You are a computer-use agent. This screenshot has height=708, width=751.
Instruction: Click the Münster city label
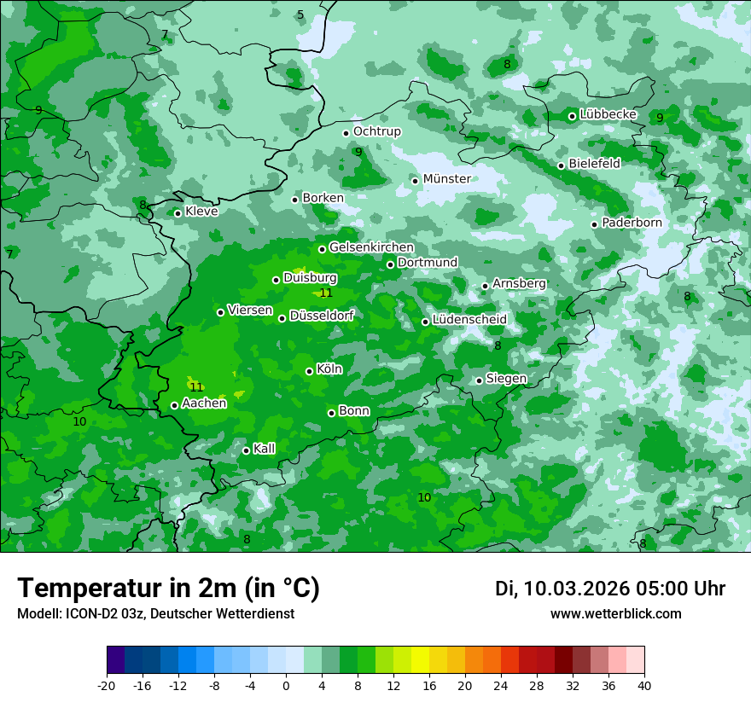pos(446,179)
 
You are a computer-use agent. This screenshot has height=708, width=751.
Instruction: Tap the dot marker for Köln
pos(309,371)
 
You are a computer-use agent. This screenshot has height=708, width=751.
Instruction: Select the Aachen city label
pos(204,403)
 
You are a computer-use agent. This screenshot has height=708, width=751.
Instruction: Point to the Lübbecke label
pos(608,114)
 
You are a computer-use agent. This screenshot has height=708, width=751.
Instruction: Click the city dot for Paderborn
pos(594,224)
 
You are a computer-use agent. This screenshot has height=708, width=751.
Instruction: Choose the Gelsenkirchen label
pos(371,247)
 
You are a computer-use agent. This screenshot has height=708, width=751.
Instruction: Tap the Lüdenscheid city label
pos(469,320)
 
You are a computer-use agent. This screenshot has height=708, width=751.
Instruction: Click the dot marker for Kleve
pos(178,213)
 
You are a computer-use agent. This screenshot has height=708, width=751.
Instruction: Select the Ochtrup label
pos(376,131)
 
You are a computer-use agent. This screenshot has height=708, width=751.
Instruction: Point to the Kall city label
pos(264,449)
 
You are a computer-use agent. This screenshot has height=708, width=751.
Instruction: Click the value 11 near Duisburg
pos(325,293)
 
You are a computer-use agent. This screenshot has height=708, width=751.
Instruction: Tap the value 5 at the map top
pos(300,15)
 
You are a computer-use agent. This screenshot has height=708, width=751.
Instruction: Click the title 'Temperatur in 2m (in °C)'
pos(168,589)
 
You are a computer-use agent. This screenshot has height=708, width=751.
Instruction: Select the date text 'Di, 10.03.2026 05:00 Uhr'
pos(610,589)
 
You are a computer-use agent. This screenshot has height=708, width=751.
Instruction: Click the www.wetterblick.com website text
pos(615,613)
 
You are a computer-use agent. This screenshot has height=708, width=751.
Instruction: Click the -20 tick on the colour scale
pos(107,685)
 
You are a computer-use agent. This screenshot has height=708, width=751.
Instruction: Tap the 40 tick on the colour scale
pos(643,685)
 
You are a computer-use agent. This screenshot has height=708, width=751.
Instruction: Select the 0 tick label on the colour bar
pos(286,685)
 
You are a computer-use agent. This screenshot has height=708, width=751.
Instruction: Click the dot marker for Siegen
pos(479,380)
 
